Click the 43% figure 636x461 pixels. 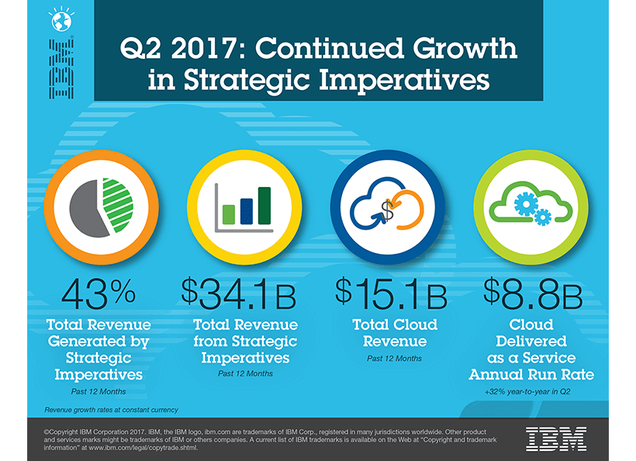[x=99, y=292]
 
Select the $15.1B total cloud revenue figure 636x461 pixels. [x=391, y=292]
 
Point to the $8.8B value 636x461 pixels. [x=532, y=292]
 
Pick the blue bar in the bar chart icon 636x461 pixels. [x=246, y=210]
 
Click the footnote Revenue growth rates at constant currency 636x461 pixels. [x=112, y=409]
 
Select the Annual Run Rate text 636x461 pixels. [x=531, y=375]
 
